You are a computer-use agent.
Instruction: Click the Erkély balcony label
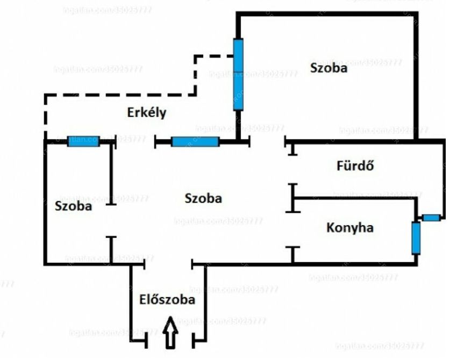[x=147, y=113]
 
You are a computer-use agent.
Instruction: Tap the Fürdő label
[x=355, y=166]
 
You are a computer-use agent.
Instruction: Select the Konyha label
[x=350, y=228]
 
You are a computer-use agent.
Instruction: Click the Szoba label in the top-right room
[x=329, y=68]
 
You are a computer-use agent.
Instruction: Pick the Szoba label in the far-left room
[x=73, y=206]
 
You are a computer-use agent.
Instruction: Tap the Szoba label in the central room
[x=203, y=198]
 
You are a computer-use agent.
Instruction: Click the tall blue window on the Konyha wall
[x=416, y=237]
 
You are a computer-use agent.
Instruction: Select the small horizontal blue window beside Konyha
[x=431, y=218]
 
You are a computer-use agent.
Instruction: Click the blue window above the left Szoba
[x=83, y=141]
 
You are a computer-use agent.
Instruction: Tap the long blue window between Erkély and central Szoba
[x=195, y=142]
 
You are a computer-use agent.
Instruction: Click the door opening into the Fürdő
[x=292, y=169]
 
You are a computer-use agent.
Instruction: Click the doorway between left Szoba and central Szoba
[x=111, y=220]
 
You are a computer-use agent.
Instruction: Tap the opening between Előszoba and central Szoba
[x=168, y=264]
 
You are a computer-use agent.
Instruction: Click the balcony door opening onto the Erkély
[x=135, y=142]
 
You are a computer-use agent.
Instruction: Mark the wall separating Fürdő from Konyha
[x=355, y=198]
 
